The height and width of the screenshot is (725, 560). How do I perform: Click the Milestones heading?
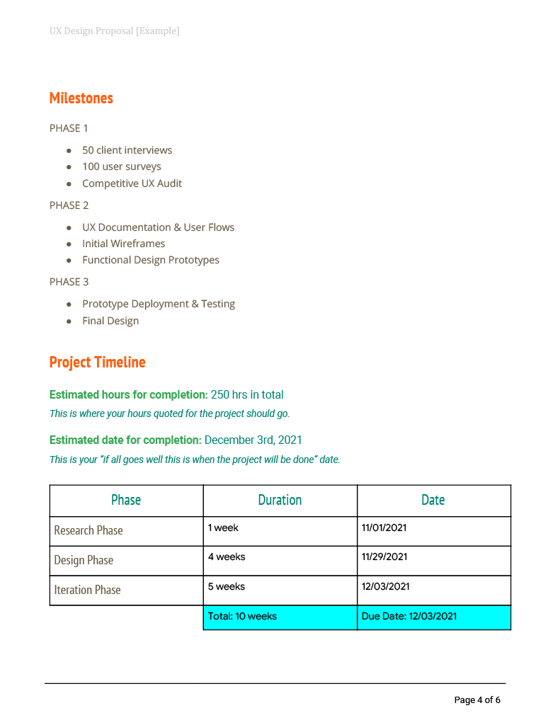[81, 98]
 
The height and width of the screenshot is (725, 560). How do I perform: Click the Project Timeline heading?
[98, 362]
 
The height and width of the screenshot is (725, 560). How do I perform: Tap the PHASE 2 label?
[69, 205]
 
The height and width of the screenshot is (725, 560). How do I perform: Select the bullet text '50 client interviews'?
[127, 150]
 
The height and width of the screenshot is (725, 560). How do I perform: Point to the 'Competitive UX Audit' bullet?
[132, 183]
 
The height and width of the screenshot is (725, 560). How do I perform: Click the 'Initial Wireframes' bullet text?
[124, 244]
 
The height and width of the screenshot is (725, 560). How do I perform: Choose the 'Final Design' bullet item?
[110, 321]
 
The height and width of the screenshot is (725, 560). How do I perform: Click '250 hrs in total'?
[247, 394]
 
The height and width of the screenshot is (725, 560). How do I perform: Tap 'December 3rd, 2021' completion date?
[253, 440]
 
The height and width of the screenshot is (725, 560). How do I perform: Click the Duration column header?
[280, 500]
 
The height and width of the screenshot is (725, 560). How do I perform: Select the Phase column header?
[126, 500]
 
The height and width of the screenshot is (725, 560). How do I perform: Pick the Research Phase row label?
[88, 530]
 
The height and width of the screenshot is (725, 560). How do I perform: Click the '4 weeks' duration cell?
[227, 557]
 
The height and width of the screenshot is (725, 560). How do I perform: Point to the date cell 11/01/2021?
[384, 527]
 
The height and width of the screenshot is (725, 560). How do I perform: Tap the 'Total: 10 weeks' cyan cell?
[242, 617]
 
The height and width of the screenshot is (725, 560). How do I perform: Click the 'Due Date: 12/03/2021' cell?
[409, 617]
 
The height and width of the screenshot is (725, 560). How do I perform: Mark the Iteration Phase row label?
[88, 590]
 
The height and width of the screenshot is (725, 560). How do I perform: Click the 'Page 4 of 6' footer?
[477, 700]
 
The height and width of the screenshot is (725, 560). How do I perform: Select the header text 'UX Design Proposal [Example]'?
[115, 31]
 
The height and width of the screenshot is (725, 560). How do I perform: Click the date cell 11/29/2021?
[384, 557]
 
